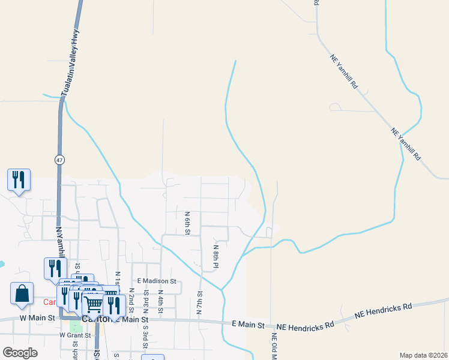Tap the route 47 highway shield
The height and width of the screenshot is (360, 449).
(59, 160)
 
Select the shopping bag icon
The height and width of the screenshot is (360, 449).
(22, 294)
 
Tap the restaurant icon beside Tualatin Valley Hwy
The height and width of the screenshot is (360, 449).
(19, 179)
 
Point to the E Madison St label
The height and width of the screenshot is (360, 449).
(156, 281)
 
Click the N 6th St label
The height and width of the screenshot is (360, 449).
(187, 223)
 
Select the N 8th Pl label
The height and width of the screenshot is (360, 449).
(215, 256)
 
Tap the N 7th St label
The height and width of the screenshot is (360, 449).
(200, 303)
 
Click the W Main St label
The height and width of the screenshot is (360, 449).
(37, 317)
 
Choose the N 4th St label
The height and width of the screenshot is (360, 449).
(160, 299)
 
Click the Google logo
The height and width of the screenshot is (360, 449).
(20, 353)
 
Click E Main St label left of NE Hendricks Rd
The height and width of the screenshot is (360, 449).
(249, 325)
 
